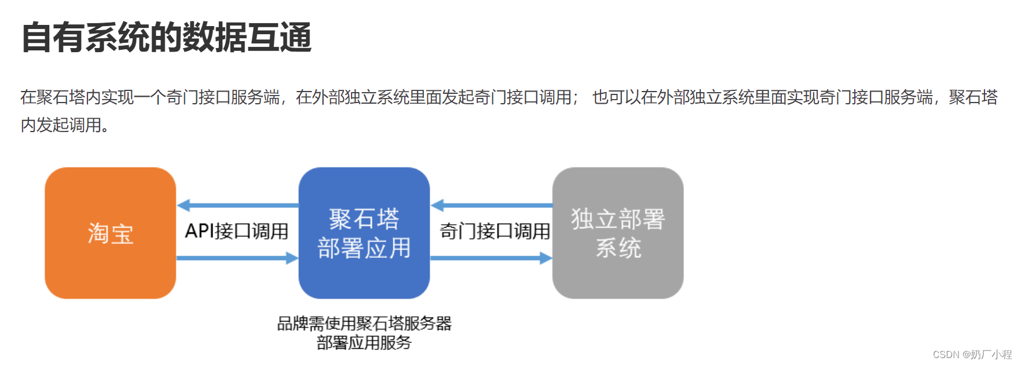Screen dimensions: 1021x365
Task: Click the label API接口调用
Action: click(236, 231)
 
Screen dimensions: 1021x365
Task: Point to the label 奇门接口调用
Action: click(495, 231)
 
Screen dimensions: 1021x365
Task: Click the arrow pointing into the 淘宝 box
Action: click(237, 205)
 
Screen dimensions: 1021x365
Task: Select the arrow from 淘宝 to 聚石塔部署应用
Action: click(237, 258)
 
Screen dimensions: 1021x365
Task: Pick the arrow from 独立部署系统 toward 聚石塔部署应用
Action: click(491, 205)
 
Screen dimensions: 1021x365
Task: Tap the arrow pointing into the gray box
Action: click(491, 258)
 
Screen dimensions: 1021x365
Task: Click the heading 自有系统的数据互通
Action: click(167, 38)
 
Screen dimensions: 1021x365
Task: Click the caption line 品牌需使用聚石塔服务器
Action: click(364, 323)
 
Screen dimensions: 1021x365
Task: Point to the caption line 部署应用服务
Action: click(364, 343)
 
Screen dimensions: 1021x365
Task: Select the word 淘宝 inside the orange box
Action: click(110, 234)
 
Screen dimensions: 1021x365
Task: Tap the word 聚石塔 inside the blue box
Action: click(364, 219)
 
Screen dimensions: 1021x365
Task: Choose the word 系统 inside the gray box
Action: click(618, 248)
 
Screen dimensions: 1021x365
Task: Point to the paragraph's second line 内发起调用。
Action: click(65, 125)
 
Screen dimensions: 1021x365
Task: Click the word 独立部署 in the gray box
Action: click(618, 219)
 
